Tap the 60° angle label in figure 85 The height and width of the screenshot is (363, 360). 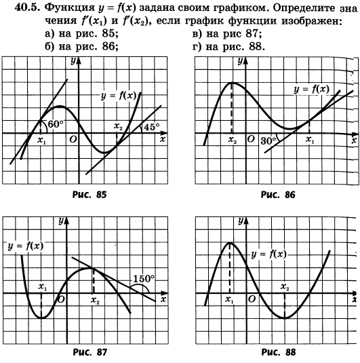pos(56,124)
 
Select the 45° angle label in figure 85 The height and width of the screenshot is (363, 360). pos(152,127)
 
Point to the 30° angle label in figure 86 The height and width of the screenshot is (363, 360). pos(268,140)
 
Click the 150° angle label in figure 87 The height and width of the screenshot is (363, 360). pos(144,278)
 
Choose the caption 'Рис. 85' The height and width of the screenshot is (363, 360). pos(89,195)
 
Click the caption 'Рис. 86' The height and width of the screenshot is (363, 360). pos(278,195)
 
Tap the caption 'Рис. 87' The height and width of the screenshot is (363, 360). pos(90,352)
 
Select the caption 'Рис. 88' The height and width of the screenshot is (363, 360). pos(279,352)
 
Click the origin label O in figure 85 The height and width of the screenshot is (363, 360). pos(73,139)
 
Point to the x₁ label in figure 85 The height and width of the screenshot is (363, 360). pos(42,140)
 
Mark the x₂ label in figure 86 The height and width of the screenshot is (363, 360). pos(233,140)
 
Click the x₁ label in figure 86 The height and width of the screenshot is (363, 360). pos(310,140)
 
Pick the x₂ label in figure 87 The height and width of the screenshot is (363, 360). pos(95,301)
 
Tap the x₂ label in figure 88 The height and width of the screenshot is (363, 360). pos(285,287)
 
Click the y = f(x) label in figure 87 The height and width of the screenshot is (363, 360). pos(26,246)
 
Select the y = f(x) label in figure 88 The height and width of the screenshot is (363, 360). pos(269,254)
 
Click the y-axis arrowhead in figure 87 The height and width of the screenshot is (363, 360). pos(67,221)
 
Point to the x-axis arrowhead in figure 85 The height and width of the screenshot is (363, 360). pos(164,133)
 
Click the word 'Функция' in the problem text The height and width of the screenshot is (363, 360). pos(69,8)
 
